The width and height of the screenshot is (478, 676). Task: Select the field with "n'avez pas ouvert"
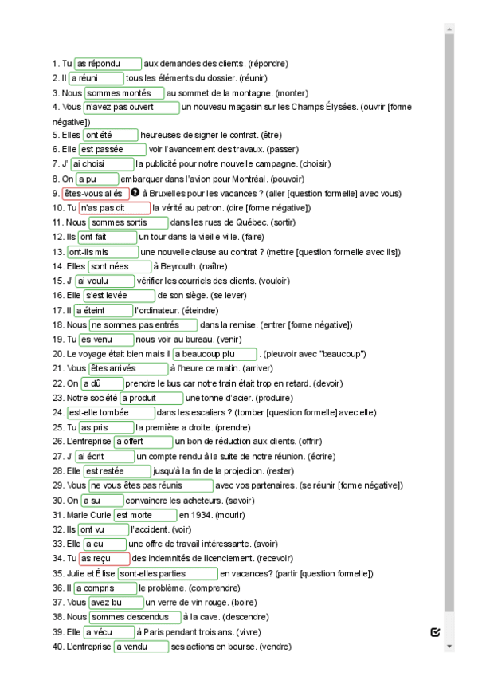(x=131, y=107)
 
